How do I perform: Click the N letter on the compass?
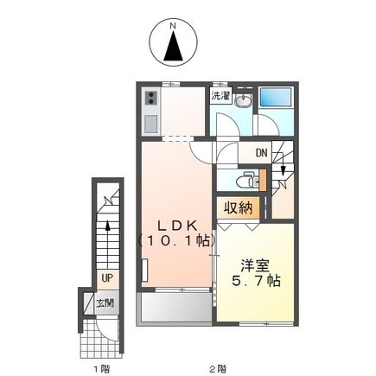pos(173,26)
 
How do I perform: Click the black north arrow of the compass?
pos(173,46)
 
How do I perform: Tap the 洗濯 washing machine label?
pos(220,96)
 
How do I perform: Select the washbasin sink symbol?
pos(243,101)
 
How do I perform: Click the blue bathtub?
pos(276,97)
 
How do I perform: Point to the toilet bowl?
pos(244,182)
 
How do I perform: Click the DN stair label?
pos(261,153)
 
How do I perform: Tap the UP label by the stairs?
pos(107,278)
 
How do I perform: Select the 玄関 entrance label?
pos(105,303)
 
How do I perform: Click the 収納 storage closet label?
pos(239,207)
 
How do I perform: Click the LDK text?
pos(177,226)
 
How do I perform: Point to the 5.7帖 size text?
pos(257,280)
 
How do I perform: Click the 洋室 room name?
pos(255,266)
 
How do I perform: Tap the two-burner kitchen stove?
pos(150,98)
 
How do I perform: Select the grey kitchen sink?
pos(150,124)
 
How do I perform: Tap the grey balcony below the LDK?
pos(176,307)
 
